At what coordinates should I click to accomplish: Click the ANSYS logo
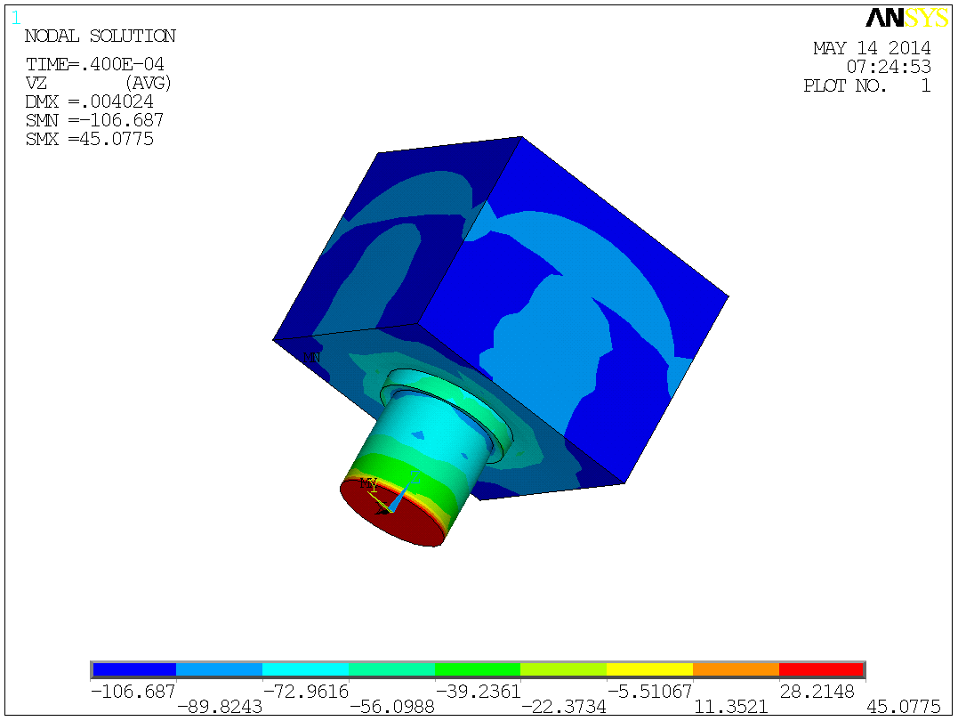906,18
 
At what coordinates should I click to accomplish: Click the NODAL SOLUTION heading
100,36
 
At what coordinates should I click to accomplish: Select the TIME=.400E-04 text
94,65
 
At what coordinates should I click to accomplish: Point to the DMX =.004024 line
89,101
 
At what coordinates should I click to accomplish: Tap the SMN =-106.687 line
94,120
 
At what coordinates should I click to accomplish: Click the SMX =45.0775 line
89,139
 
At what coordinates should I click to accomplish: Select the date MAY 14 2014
872,48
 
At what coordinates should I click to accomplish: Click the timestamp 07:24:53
888,67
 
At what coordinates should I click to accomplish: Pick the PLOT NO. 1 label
866,86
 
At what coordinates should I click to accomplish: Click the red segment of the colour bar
821,669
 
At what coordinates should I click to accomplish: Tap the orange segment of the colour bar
736,669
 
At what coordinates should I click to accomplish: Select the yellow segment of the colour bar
649,669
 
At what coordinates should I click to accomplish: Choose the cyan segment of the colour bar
305,669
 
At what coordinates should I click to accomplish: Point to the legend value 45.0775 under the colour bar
903,707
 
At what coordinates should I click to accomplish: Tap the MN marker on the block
311,358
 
